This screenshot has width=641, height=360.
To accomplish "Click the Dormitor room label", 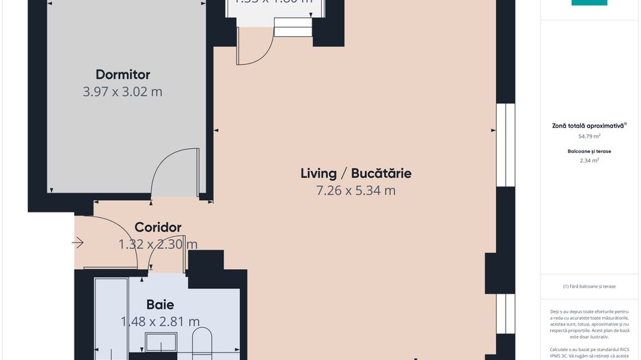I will coord(122,74).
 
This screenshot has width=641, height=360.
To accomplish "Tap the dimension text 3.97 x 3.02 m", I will coord(122,92).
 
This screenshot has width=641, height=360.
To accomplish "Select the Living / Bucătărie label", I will coord(355,173).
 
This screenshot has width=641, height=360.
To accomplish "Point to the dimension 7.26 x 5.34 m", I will coord(355,191).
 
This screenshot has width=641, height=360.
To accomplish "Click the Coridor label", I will coord(158,227).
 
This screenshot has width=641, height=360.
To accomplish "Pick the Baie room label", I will coord(160,305).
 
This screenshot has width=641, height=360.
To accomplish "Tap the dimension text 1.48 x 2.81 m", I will coord(160,322).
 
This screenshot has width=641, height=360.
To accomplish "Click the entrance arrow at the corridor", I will coord(78,243).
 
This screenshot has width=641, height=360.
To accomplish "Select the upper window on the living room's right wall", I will coord(505,145).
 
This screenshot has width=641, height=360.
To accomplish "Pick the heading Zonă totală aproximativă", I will coord(588,126).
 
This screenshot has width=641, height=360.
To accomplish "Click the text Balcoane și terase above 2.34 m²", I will coord(589,151).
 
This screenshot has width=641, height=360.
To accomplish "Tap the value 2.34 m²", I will coord(589,161).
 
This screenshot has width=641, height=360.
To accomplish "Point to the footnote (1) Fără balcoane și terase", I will coord(589,286).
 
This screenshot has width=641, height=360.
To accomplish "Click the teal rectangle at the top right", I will coord(589,3).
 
